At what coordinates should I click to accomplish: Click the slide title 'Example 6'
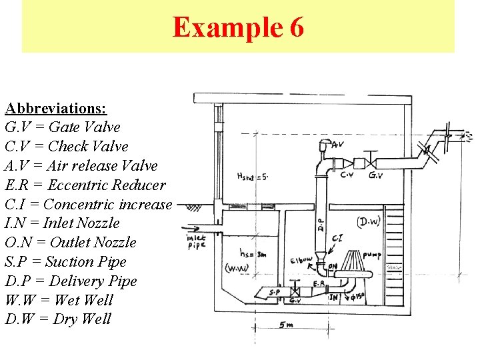tap(239, 27)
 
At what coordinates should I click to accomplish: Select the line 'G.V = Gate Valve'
tap(63, 127)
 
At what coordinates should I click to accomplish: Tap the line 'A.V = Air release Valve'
tap(81, 165)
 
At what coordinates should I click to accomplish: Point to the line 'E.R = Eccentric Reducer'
tap(85, 185)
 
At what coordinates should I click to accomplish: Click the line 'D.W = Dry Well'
tap(58, 319)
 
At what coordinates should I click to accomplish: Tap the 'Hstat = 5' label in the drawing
tap(252, 177)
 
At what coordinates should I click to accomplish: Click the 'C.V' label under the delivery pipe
tap(347, 176)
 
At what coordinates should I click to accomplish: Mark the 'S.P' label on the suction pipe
tap(274, 291)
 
